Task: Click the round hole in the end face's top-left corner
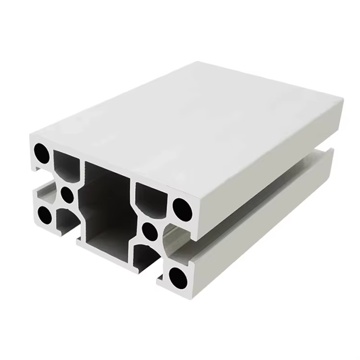click(42, 152)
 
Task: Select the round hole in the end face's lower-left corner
click(45, 215)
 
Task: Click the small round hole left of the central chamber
click(67, 194)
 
